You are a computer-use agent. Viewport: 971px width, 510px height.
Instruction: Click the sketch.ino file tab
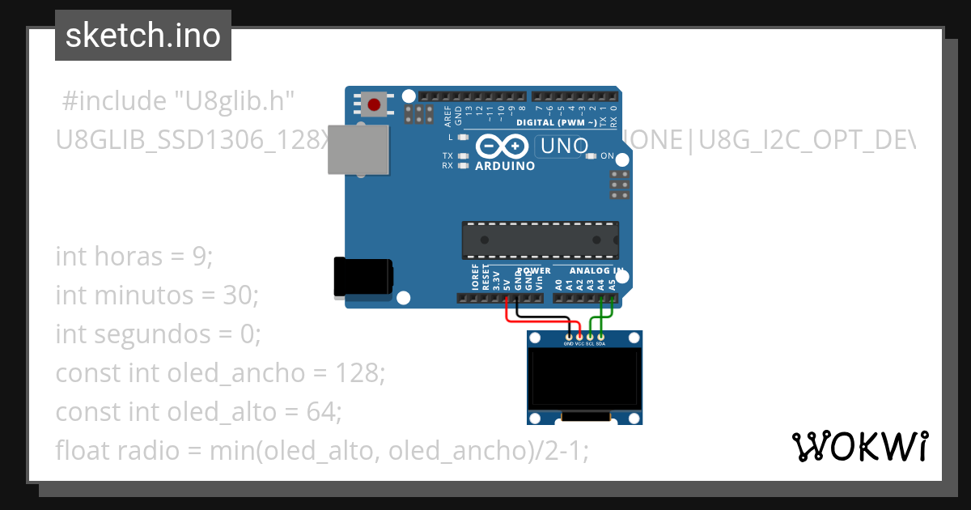[142, 36]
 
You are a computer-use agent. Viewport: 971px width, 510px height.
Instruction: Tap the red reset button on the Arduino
[374, 104]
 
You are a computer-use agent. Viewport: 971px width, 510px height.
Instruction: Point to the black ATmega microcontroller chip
[540, 240]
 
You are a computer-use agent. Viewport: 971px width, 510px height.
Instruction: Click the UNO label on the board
[558, 147]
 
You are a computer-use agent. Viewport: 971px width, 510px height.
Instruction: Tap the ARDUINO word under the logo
[505, 166]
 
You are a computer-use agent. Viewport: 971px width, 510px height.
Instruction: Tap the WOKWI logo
[859, 446]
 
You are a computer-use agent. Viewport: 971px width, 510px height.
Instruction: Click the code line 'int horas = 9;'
[134, 257]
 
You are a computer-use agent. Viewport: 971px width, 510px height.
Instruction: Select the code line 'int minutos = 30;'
[156, 295]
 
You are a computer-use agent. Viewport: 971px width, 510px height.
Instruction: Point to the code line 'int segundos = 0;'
[159, 334]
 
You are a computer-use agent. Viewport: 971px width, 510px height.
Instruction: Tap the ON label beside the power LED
[607, 156]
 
